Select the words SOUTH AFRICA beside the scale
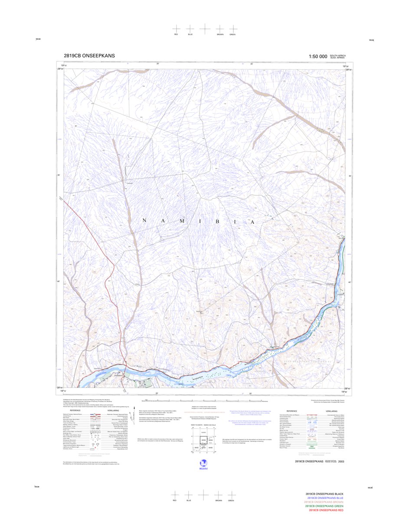click(x=338, y=56)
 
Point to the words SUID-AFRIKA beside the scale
click(x=338, y=58)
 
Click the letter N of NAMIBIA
click(x=144, y=221)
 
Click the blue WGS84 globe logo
click(x=202, y=463)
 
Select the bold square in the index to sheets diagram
click(x=200, y=440)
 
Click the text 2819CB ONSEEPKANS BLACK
click(x=324, y=495)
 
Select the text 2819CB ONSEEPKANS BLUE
click(x=325, y=498)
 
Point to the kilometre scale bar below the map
click(x=204, y=401)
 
